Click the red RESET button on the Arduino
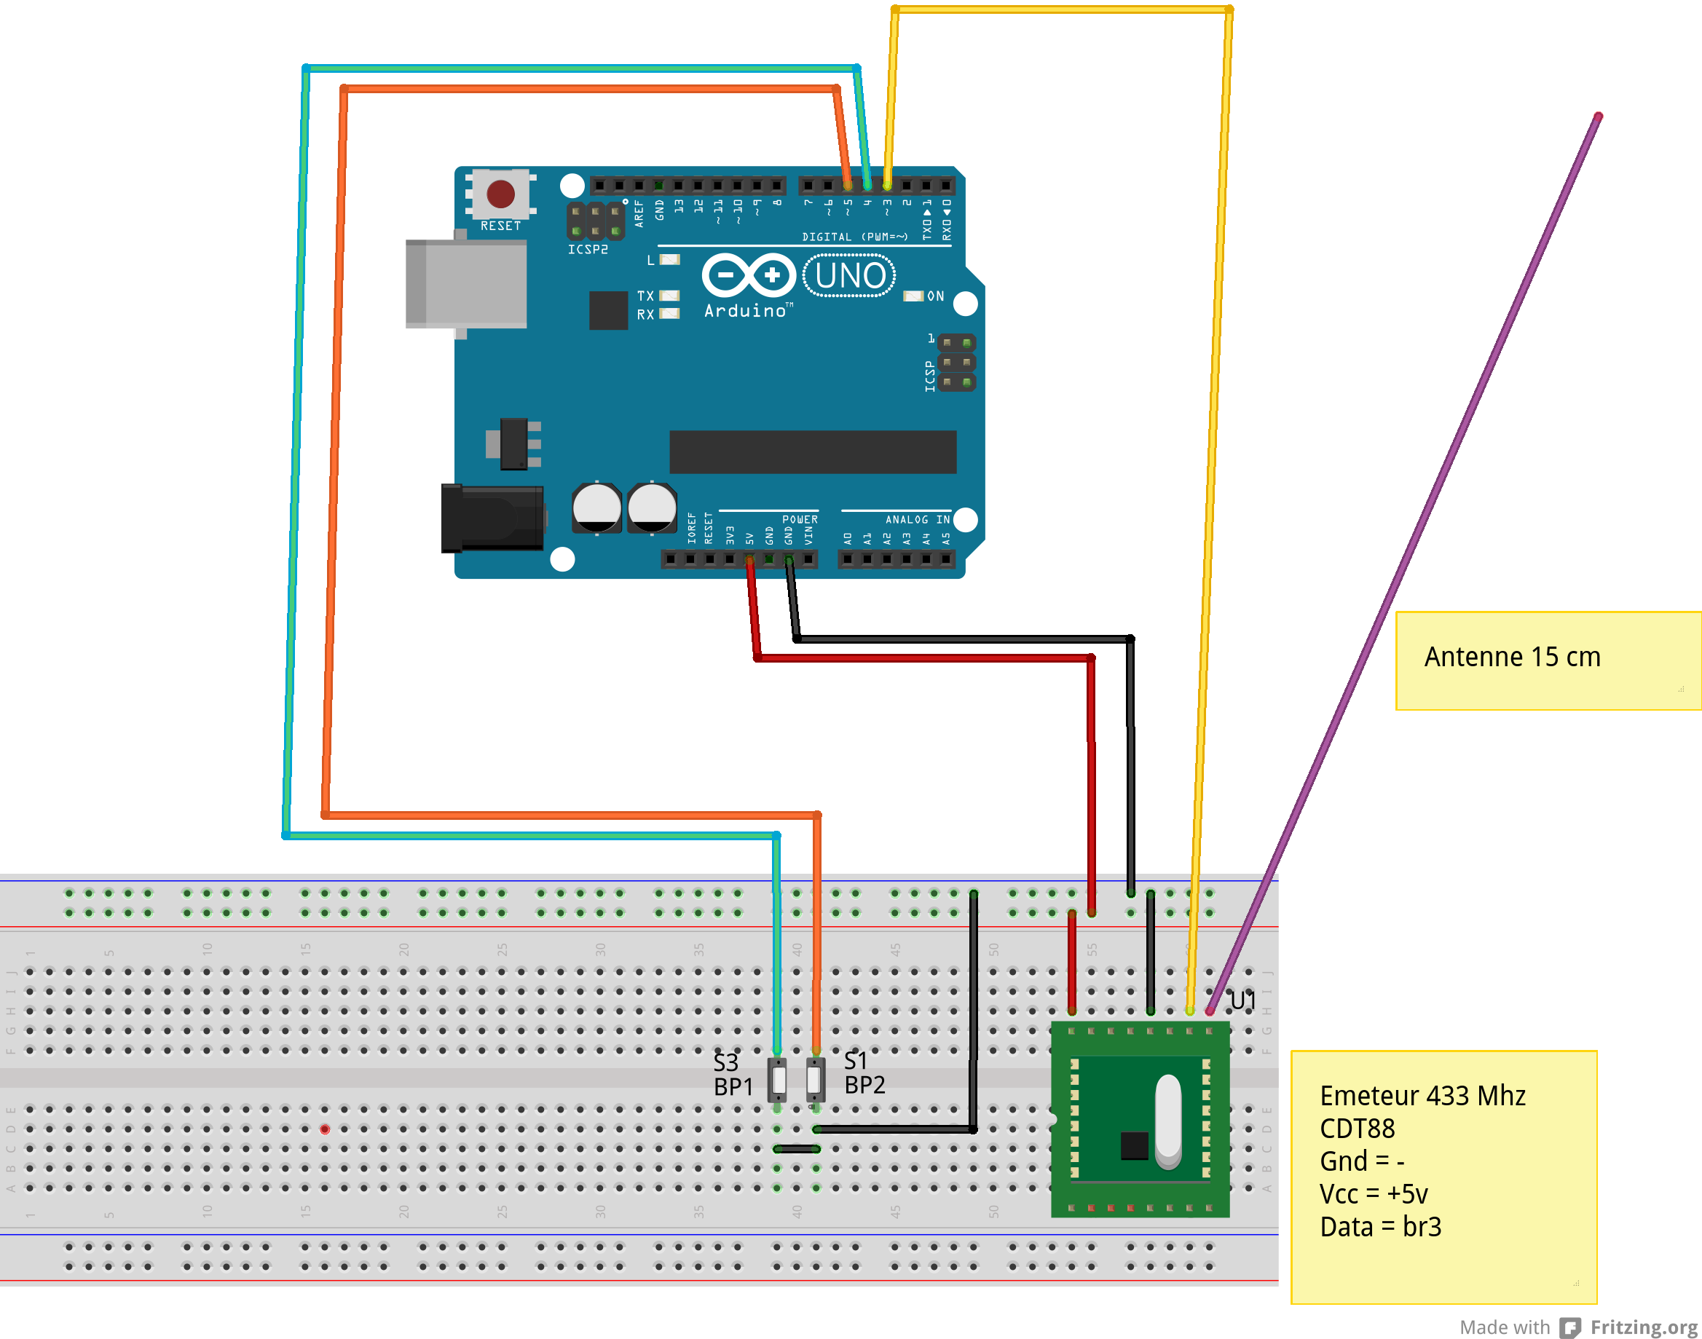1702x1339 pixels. (500, 194)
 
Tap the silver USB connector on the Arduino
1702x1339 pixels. (465, 284)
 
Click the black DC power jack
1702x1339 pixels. (492, 518)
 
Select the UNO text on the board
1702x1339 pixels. (850, 276)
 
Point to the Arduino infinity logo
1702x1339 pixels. (749, 275)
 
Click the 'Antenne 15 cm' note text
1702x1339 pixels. (1512, 657)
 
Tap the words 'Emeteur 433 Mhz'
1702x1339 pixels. (1422, 1095)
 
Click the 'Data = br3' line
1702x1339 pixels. (1380, 1226)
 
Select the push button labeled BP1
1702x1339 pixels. (777, 1080)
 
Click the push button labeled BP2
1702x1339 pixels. (816, 1080)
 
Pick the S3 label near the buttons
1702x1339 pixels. (725, 1062)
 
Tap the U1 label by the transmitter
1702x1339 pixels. (1242, 1001)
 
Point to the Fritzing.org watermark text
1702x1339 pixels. (1643, 1327)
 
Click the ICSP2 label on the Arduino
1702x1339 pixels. (587, 249)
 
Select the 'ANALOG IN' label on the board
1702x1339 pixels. (917, 520)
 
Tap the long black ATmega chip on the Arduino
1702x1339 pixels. (812, 451)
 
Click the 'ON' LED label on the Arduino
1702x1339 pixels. (935, 296)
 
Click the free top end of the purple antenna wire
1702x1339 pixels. (1599, 116)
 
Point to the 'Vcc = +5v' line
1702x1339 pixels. (1374, 1194)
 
